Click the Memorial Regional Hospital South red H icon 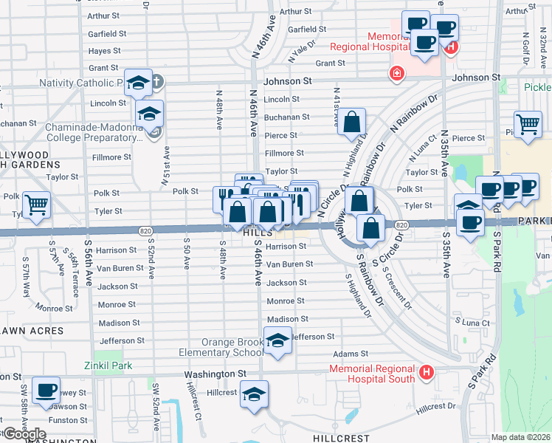(426, 373)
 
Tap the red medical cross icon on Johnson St (397, 73)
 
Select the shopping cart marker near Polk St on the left (36, 204)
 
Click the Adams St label (345, 354)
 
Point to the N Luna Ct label (417, 150)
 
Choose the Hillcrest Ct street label (194, 400)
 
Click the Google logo (24, 434)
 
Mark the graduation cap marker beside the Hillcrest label (255, 394)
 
